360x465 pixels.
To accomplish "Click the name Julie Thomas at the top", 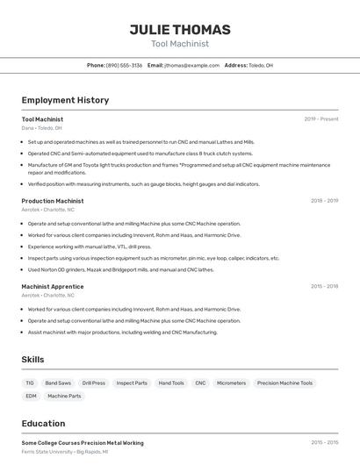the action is pyautogui.click(x=180, y=30).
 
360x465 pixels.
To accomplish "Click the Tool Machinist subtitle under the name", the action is pyautogui.click(x=180, y=44).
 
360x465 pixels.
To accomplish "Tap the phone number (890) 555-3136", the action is pyautogui.click(x=124, y=65).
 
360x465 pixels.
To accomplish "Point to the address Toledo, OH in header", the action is pyautogui.click(x=261, y=65).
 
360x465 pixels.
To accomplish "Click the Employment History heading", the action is pyautogui.click(x=65, y=100).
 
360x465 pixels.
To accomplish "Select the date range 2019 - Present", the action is pyautogui.click(x=321, y=119).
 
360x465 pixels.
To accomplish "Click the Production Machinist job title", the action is pyautogui.click(x=53, y=201).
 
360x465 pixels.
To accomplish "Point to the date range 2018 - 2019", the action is pyautogui.click(x=324, y=201).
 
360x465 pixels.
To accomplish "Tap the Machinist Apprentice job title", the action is pyautogui.click(x=53, y=287).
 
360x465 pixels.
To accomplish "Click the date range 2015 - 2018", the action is pyautogui.click(x=324, y=287).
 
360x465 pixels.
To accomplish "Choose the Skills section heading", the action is pyautogui.click(x=32, y=360).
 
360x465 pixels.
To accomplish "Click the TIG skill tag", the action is pyautogui.click(x=30, y=383).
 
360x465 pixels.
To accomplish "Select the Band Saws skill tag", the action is pyautogui.click(x=58, y=383).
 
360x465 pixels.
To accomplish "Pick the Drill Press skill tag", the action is pyautogui.click(x=93, y=383).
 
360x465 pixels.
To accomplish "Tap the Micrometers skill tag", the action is pyautogui.click(x=231, y=383).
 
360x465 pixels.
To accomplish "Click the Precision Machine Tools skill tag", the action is pyautogui.click(x=284, y=383).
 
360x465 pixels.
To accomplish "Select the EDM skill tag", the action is pyautogui.click(x=31, y=397).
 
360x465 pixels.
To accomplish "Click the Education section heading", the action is pyautogui.click(x=43, y=423).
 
